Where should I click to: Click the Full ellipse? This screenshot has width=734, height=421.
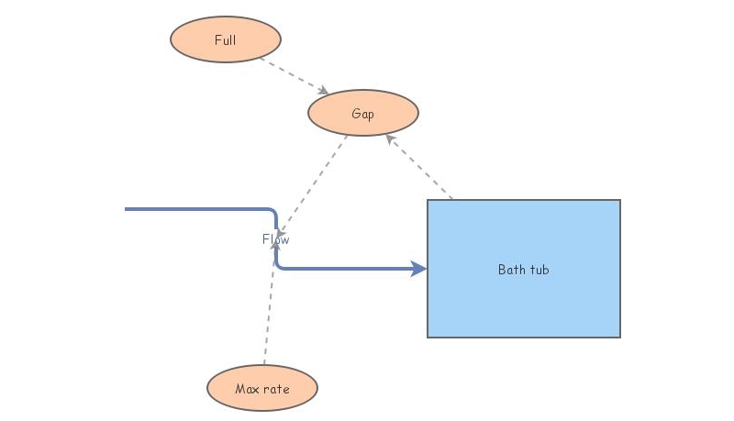click(x=225, y=39)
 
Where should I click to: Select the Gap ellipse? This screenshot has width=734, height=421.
click(x=362, y=113)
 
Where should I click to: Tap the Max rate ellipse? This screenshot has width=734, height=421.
click(x=261, y=388)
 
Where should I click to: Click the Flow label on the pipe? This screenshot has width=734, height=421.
click(x=275, y=239)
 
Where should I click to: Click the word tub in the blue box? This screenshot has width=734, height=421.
click(x=539, y=270)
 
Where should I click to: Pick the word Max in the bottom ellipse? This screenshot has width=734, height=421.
click(x=246, y=389)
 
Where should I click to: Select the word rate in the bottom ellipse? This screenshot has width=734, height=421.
click(x=276, y=389)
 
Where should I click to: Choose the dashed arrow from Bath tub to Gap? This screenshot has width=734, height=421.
click(x=420, y=168)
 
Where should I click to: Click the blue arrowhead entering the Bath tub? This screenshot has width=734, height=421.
click(x=419, y=269)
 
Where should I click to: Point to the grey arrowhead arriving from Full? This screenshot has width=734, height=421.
click(x=323, y=91)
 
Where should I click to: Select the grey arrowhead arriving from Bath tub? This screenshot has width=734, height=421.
click(x=390, y=139)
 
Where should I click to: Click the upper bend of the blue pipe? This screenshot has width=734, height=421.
click(x=273, y=212)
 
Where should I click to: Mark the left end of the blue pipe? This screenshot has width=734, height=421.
click(x=127, y=209)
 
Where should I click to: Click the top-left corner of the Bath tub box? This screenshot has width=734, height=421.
click(x=428, y=200)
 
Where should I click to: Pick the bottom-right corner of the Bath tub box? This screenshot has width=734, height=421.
click(x=620, y=337)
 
